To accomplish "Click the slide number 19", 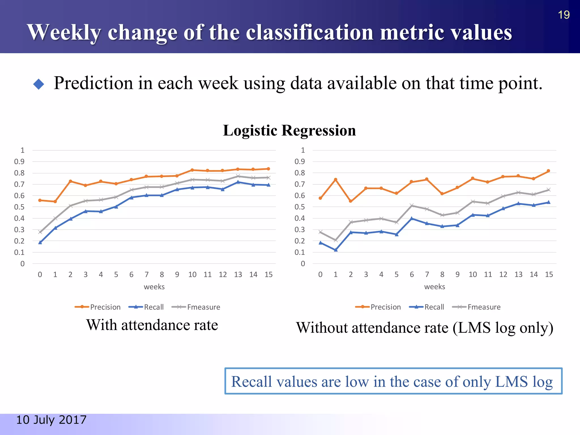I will coord(564,15).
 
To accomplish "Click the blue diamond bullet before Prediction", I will coord(39,84).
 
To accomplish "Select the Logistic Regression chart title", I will coord(289,131).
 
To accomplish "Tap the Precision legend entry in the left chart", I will coord(98,307).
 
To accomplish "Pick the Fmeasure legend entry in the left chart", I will coord(196,307).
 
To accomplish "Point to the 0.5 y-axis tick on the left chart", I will coord(19,207).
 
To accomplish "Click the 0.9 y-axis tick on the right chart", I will coord(300,162).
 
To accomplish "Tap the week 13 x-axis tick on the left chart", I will coord(238,274).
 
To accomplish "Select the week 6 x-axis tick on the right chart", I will coord(411,274).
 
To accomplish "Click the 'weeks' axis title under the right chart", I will coord(434,287).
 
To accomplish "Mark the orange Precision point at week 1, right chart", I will coord(336,180).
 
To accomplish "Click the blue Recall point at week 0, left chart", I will coord(40,242).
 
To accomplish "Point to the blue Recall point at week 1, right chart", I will coord(336,250).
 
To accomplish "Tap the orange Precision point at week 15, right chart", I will coord(549,171).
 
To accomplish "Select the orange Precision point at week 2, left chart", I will coord(70,181).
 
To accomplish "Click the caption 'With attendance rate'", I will coord(152,325).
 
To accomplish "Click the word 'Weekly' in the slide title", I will coord(64,33).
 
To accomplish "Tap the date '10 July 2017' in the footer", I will coord(51,420).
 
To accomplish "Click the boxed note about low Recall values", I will coord(393,381).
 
